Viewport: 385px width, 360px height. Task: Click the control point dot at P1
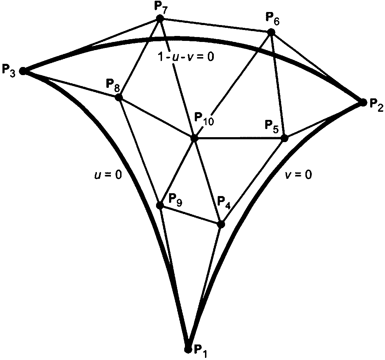188,349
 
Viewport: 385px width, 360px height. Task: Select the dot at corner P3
23,71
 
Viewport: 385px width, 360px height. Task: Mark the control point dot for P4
221,224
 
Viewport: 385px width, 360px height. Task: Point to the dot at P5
285,138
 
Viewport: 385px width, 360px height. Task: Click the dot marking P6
271,32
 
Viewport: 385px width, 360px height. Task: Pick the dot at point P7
160,18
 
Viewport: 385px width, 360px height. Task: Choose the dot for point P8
119,97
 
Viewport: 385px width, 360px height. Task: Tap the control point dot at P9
160,205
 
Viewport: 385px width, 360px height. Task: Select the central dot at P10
194,138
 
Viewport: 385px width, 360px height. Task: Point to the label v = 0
298,175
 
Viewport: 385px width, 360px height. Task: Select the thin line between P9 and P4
190,214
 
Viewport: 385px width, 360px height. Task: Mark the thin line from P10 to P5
240,138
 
